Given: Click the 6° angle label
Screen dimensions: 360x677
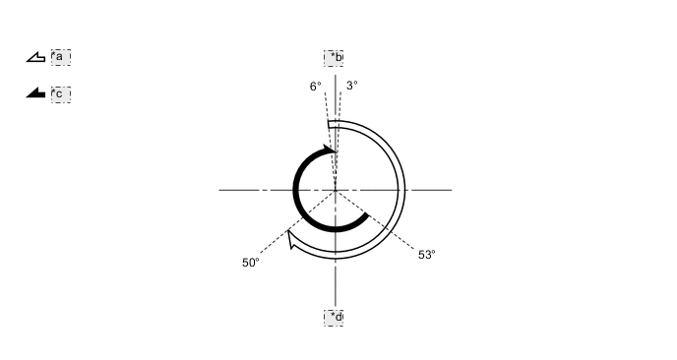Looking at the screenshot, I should tap(315, 87).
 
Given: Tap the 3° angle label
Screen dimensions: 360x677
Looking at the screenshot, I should tap(351, 86).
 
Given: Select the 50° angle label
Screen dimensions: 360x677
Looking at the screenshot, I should tap(250, 263).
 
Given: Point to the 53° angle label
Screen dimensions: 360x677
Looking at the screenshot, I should tap(426, 255).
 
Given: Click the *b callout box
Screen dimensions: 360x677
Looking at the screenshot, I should tap(334, 58).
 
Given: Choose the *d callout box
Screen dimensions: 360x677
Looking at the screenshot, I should tap(334, 318).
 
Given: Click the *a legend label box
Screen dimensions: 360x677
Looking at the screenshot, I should tap(61, 57).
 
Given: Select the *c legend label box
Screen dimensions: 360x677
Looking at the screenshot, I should tap(61, 94).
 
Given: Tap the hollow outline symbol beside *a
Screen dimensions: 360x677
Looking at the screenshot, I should tap(35, 58).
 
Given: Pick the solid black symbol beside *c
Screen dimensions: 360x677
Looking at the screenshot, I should tap(35, 93).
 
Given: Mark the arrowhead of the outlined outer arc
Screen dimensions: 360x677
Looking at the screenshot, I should tap(292, 239).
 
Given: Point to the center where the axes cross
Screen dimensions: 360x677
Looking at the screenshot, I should tap(336, 190).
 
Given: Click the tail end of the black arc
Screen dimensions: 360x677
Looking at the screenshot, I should tap(365, 215).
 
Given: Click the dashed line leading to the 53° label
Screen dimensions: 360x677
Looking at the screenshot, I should tap(394, 232).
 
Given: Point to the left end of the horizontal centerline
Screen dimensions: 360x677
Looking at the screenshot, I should tap(220, 190).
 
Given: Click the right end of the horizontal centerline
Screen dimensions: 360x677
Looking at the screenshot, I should tap(450, 190).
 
